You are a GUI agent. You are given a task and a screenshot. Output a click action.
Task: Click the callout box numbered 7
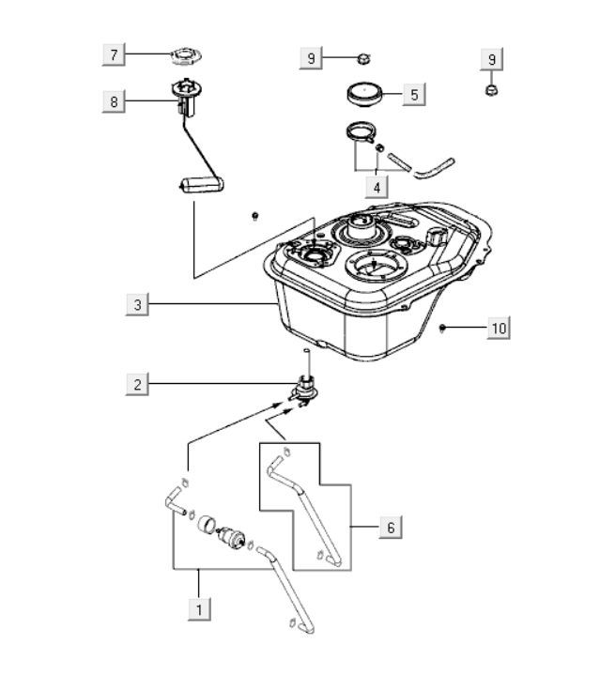point(114,54)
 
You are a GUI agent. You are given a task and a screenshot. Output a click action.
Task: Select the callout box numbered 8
point(114,101)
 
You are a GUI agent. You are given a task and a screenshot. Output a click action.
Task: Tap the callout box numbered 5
point(414,94)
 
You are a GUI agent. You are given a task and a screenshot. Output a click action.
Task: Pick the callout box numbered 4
point(377,187)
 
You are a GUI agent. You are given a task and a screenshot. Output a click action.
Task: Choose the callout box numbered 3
point(137,304)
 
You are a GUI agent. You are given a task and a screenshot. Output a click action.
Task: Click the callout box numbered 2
point(137,384)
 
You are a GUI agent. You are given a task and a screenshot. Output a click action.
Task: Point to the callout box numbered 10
point(499,328)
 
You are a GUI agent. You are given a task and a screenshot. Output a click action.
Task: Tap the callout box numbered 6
point(391,528)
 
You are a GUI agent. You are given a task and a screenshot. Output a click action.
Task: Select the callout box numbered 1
point(199,609)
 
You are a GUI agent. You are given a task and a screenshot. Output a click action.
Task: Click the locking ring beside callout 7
point(186,56)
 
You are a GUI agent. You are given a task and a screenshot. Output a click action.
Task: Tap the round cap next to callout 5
point(364,94)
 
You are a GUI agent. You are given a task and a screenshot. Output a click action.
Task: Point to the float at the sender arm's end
point(202,185)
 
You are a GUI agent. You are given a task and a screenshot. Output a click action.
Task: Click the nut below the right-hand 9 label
point(491,91)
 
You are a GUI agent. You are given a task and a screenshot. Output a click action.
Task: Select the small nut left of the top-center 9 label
point(363,58)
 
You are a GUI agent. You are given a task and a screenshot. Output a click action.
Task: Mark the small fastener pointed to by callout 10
point(442,328)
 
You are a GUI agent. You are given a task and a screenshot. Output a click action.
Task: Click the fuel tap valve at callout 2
point(303,391)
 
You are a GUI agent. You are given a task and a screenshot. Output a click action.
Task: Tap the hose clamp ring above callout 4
point(361,132)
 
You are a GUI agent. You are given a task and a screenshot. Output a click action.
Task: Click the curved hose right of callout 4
point(434,169)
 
